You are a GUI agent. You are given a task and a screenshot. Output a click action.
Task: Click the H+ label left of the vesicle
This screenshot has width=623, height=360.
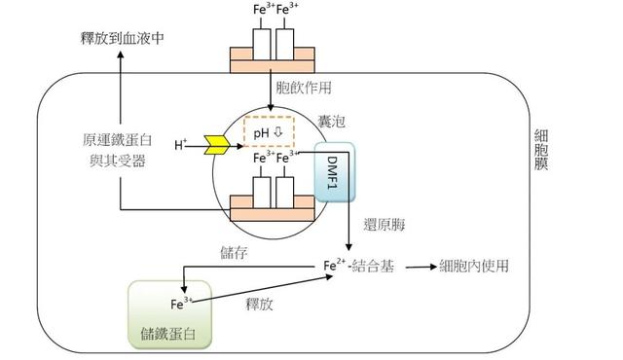pyautogui.click(x=181, y=145)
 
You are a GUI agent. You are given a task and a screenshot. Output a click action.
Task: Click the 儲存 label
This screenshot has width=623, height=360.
pyautogui.click(x=236, y=252)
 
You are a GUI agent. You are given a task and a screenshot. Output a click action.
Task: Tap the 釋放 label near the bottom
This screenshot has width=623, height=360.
pyautogui.click(x=260, y=304)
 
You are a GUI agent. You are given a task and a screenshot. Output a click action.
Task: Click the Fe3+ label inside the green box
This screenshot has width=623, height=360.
pyautogui.click(x=179, y=304)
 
